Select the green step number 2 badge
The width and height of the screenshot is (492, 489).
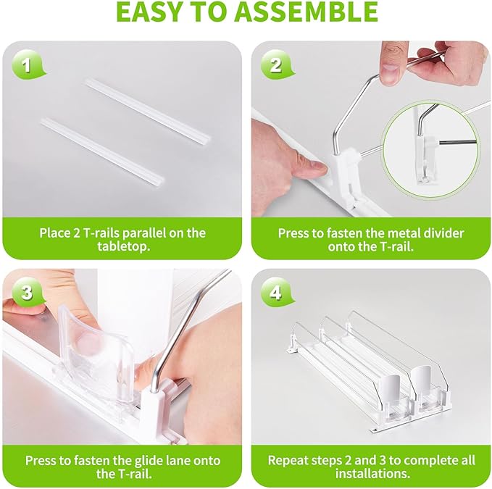coord(277,65)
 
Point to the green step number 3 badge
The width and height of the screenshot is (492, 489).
coord(28,293)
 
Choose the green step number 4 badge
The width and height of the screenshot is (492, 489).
coord(277,293)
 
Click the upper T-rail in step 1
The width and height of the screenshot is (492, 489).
coord(148,110)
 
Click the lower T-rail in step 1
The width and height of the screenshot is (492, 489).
coord(102,151)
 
